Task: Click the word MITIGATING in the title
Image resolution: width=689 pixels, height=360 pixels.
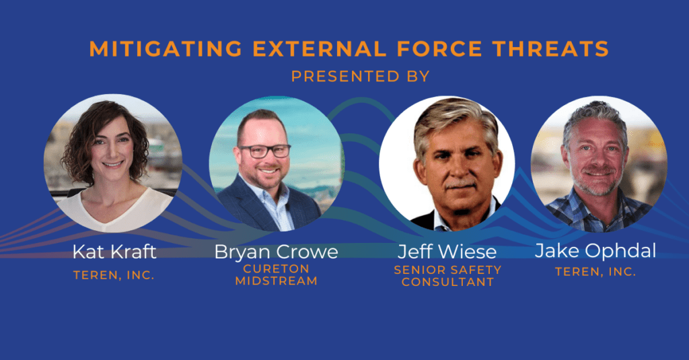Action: (x=166, y=49)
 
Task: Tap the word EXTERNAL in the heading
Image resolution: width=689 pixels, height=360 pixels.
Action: (x=320, y=49)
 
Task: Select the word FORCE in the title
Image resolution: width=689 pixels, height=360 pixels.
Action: (x=439, y=49)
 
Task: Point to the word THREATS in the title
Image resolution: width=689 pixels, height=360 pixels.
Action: (x=550, y=49)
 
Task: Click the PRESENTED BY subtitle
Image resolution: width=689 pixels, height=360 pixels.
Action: (x=361, y=77)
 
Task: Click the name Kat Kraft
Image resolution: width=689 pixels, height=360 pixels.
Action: (x=114, y=252)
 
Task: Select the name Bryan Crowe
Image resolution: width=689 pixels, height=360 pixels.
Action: (x=276, y=252)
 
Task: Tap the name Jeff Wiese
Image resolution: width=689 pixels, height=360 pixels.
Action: (x=447, y=252)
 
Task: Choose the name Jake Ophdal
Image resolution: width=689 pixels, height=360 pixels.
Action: (x=595, y=250)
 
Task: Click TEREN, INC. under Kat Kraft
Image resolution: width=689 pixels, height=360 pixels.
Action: (x=114, y=275)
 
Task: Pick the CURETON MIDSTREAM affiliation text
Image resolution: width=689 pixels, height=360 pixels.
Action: (x=276, y=275)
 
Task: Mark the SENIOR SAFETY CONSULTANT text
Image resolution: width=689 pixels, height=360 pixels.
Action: (x=447, y=276)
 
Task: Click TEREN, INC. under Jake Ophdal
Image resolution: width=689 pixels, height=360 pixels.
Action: (x=595, y=272)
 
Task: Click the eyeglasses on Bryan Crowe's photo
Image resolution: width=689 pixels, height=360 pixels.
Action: (x=264, y=151)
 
